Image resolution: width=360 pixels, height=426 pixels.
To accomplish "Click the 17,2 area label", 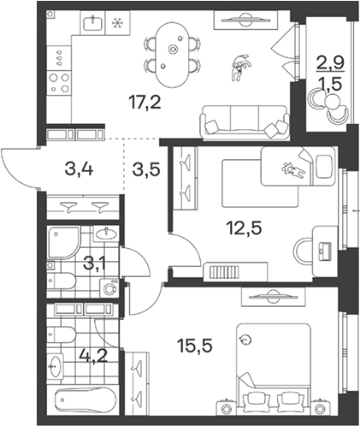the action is [145, 102].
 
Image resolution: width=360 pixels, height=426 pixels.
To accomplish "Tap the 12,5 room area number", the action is [244, 228].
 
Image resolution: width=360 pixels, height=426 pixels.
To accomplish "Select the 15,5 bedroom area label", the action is [195, 346].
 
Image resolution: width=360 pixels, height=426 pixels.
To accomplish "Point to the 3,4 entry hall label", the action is [79, 169].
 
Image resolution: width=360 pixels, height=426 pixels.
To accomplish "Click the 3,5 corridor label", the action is [146, 170].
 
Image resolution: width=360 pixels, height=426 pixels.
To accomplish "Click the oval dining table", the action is [172, 55].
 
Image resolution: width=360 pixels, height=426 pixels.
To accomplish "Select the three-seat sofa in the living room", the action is [245, 122].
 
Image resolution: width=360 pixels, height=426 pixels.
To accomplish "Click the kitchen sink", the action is [93, 23].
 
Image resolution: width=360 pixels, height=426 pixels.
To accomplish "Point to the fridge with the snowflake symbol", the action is [117, 23].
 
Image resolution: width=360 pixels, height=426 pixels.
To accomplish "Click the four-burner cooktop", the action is [59, 83].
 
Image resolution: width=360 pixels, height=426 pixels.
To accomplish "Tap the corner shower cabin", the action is [63, 242].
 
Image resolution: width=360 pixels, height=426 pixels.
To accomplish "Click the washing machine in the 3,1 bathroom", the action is [109, 288].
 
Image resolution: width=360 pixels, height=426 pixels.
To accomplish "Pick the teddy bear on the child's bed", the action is [293, 170].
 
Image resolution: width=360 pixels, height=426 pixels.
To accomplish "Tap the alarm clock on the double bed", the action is [245, 340].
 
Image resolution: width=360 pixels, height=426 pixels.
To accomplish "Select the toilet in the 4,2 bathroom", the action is [61, 334].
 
